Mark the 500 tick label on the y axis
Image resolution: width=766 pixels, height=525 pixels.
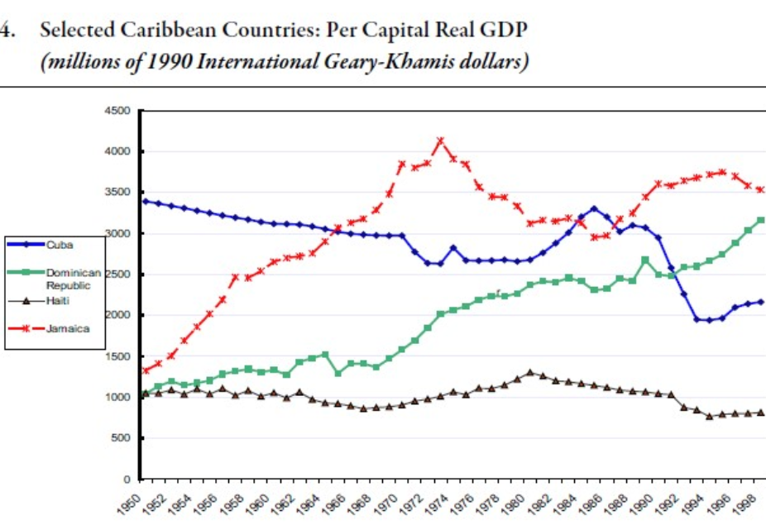[x=122, y=438]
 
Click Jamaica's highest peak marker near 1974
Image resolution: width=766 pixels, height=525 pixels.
[x=440, y=141]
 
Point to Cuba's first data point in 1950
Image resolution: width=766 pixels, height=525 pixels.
[x=146, y=201]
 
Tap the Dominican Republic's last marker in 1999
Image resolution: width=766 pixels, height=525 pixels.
[x=761, y=220]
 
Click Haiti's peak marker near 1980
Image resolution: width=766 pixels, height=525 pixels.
[x=529, y=373]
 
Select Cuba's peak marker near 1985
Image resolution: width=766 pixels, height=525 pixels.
[x=593, y=208]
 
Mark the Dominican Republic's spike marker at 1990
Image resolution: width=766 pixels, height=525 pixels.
[x=644, y=260]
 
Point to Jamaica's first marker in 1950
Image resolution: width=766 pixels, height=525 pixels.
[x=146, y=370]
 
